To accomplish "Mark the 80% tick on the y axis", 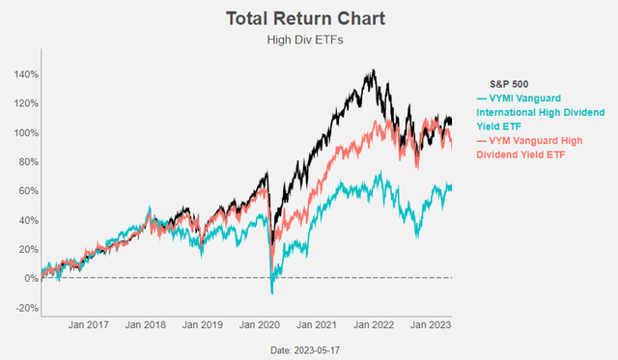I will tap(28, 161).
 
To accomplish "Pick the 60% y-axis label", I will tap(28, 191).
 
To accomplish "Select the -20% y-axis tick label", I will tap(26, 308).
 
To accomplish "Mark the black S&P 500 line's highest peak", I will tap(374, 70).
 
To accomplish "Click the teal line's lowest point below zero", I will tap(272, 292).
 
